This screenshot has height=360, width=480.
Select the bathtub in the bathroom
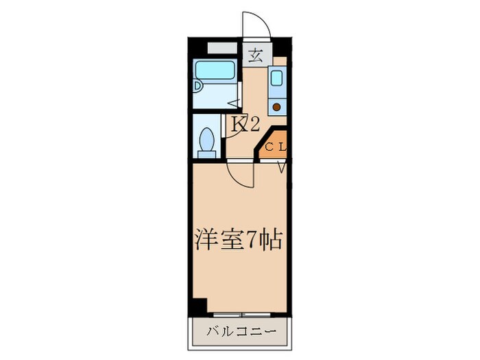pyautogui.click(x=215, y=71)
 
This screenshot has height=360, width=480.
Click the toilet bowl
pyautogui.click(x=206, y=143)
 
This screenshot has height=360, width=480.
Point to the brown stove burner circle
pyautogui.click(x=276, y=106)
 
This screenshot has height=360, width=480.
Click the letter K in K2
pyautogui.click(x=239, y=125)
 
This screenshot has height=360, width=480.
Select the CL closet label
pyautogui.click(x=276, y=145)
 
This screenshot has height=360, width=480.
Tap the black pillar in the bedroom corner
pyautogui.click(x=197, y=306)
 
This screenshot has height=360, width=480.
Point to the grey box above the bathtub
pyautogui.click(x=220, y=49)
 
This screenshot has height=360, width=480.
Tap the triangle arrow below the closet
pyautogui.click(x=281, y=166)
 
